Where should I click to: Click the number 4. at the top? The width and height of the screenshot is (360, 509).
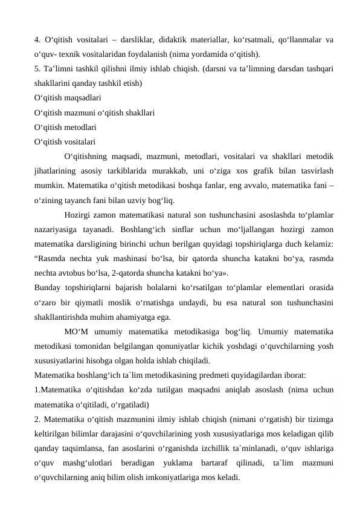[x=38, y=41]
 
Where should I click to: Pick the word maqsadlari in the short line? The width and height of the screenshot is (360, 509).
[x=82, y=97]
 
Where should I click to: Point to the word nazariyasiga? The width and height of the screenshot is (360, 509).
[x=59, y=229]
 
